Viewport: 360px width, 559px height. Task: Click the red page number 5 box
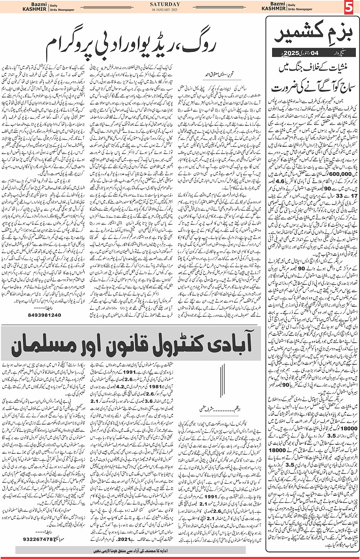click(351, 8)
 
